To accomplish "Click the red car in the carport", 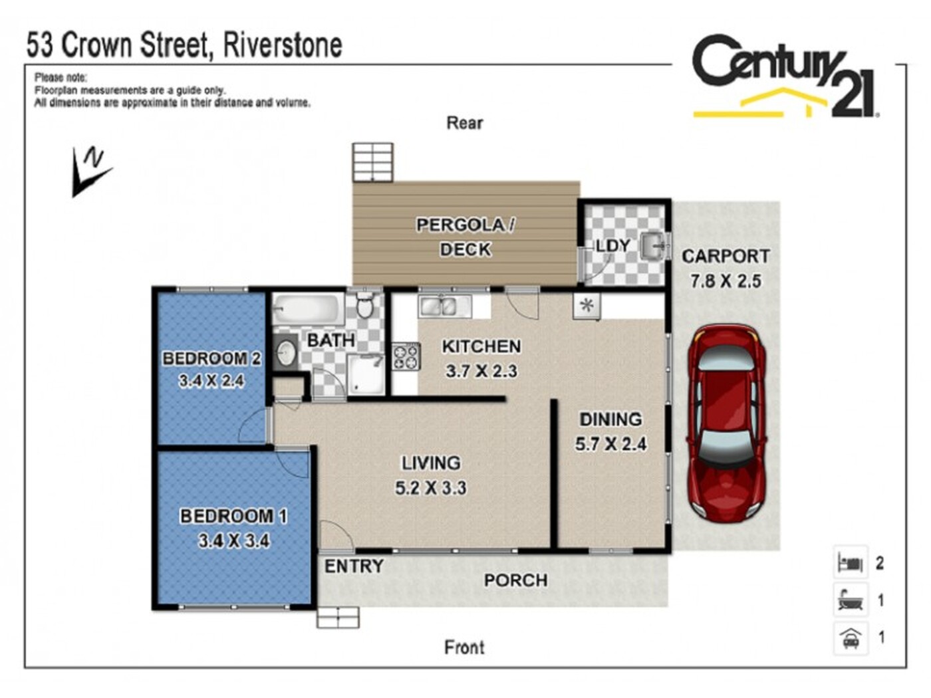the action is (726, 424).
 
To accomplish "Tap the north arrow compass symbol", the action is (90, 172).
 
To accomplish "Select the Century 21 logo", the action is (785, 76).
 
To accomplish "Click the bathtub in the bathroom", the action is (307, 309).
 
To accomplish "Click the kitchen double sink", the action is (444, 306).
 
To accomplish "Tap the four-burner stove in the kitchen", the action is (406, 356).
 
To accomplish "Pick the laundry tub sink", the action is (653, 245).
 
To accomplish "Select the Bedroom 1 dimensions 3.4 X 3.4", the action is (233, 540).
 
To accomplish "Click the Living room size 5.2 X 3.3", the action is (430, 488).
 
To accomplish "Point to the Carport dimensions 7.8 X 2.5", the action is (726, 281).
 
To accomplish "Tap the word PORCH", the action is (515, 580).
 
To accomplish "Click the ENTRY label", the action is (354, 566).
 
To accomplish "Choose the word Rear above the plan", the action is (464, 123).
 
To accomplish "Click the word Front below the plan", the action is (464, 647).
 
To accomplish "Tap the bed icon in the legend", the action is (850, 563).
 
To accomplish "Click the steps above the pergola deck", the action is (372, 162).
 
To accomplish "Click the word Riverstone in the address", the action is (283, 45).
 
